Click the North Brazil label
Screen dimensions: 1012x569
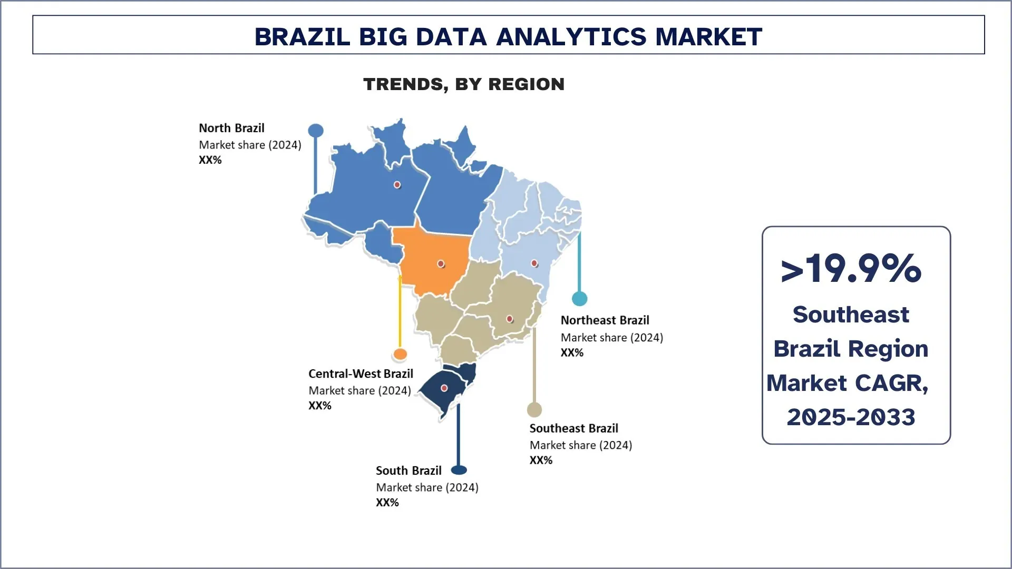click(231, 128)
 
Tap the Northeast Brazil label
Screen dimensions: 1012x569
click(605, 320)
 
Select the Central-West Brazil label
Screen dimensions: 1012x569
click(361, 374)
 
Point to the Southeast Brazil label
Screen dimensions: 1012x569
click(573, 428)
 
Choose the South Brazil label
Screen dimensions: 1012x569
click(408, 470)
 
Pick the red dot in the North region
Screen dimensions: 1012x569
click(397, 185)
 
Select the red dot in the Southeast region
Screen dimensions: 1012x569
click(509, 319)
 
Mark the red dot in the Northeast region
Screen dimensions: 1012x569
click(534, 263)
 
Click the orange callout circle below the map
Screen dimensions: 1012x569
click(400, 354)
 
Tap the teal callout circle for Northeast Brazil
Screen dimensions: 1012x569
click(579, 299)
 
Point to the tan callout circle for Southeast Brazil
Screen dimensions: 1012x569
click(534, 409)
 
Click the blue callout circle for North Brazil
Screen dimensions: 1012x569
click(316, 131)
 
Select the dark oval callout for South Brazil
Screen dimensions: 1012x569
click(459, 470)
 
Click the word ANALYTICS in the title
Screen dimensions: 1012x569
click(571, 37)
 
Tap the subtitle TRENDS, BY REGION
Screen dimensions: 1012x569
click(464, 84)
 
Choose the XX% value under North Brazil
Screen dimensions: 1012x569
click(210, 160)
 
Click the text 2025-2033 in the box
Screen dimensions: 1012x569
click(851, 417)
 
